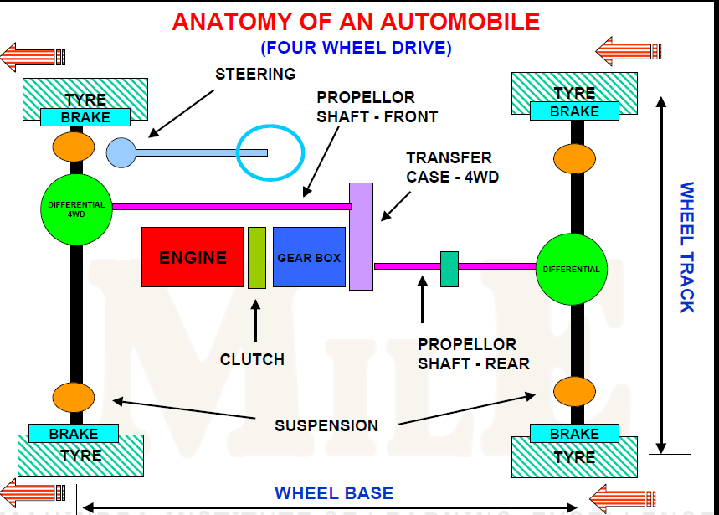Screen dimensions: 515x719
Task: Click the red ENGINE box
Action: (x=193, y=257)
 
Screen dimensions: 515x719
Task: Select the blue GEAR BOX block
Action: (x=309, y=257)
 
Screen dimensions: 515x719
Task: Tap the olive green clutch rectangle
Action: (x=257, y=257)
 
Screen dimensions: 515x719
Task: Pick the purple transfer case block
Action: (x=361, y=235)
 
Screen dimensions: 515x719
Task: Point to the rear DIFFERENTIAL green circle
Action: (x=572, y=269)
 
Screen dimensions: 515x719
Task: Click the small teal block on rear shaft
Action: (x=449, y=268)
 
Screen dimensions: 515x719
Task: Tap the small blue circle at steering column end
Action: (x=121, y=152)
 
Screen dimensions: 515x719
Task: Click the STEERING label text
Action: (x=255, y=74)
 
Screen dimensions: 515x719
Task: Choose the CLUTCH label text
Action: (x=252, y=359)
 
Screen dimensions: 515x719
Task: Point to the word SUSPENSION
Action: (x=326, y=425)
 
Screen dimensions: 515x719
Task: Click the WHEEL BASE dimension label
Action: (x=334, y=492)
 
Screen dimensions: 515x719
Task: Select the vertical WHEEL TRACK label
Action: (x=686, y=247)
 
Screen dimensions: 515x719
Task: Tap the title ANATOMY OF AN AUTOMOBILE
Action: (x=356, y=21)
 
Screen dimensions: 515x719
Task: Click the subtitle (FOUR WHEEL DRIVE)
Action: (x=356, y=47)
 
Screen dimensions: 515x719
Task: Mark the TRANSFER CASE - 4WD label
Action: (x=449, y=167)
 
